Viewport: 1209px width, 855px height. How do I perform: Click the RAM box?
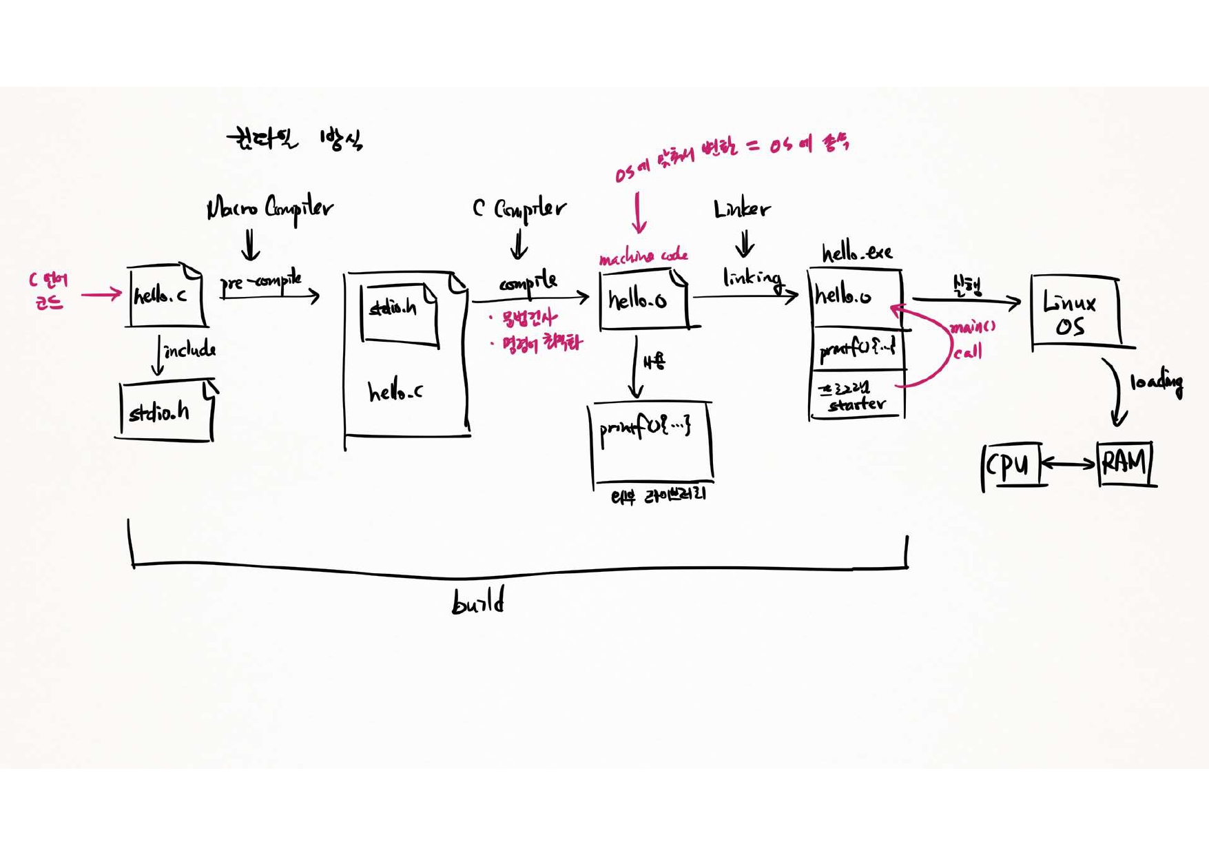tap(1124, 464)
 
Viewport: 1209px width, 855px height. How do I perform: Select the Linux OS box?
tap(1075, 313)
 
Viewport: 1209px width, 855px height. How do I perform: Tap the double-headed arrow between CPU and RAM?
tap(1068, 464)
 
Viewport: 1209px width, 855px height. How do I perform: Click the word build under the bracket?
tap(478, 601)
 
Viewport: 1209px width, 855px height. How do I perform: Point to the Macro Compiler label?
tap(270, 207)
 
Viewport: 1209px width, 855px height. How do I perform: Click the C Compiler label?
tap(519, 207)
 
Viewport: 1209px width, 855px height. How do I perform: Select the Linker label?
tap(742, 209)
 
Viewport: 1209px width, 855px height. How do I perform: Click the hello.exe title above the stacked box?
tap(857, 254)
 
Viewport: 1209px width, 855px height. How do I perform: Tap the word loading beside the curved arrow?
tap(1156, 382)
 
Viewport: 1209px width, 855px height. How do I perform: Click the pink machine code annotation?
tap(643, 257)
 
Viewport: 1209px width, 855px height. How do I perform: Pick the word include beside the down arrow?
tap(189, 350)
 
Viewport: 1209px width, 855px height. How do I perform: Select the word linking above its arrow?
tap(752, 278)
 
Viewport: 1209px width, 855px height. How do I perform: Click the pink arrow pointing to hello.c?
tap(101, 295)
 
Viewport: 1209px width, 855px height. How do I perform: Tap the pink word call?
tap(967, 352)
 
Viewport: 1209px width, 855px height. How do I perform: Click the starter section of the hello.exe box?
tap(857, 397)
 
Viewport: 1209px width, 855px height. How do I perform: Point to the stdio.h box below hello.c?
tap(165, 411)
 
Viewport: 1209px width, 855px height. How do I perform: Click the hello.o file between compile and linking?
tap(642, 300)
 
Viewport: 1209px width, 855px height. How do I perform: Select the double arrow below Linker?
tap(744, 244)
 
